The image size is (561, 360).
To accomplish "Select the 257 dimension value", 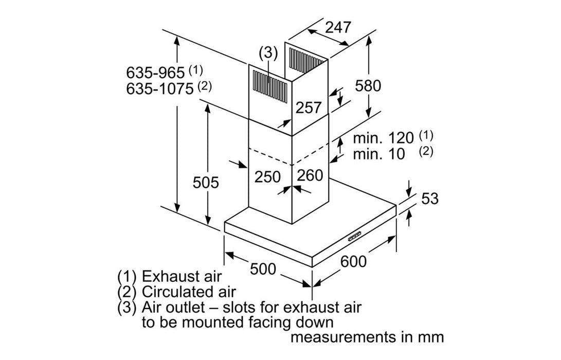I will tap(309, 107).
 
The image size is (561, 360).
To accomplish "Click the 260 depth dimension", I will tap(311, 175).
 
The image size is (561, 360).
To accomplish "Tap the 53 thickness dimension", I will tap(430, 198).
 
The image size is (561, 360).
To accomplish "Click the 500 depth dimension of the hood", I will tap(263, 268).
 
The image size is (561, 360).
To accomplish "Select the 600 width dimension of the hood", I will tap(354, 261).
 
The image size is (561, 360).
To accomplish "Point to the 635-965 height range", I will tap(155, 73).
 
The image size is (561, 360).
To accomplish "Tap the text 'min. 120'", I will tap(384, 138).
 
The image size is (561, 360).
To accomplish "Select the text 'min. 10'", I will tap(379, 154).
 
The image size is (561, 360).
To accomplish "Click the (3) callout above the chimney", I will tap(268, 52).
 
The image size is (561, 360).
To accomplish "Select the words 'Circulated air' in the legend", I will tap(189, 292).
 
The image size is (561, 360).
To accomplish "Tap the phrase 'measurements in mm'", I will tap(367, 337).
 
